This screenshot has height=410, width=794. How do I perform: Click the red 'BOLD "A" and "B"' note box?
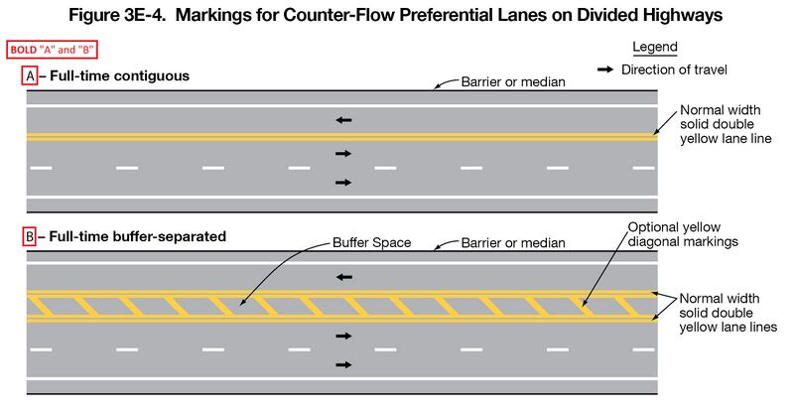pos(54,50)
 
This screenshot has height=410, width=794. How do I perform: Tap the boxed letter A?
pos(29,76)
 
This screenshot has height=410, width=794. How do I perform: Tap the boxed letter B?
pos(29,237)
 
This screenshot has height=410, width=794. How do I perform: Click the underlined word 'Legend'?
pos(654,48)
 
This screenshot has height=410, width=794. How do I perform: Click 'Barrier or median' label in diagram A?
pos(513,81)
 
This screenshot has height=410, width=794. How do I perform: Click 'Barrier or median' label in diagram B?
pos(513,242)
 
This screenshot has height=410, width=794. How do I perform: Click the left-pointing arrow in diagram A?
pos(342,120)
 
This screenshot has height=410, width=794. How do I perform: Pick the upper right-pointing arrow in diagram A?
pos(342,154)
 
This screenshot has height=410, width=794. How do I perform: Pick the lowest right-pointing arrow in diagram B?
pos(342,365)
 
